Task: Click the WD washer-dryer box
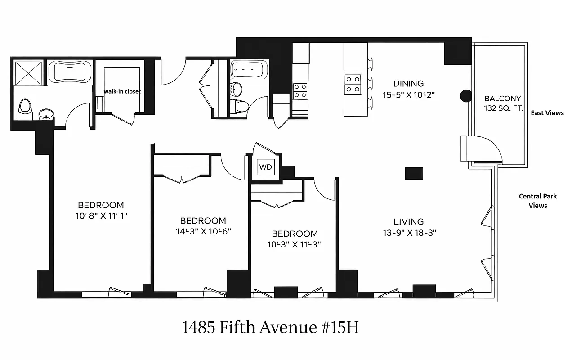pyautogui.click(x=266, y=167)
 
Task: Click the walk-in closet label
pyautogui.click(x=122, y=91)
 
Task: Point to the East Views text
pyautogui.click(x=547, y=113)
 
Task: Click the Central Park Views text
pyautogui.click(x=538, y=201)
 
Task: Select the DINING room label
pyautogui.click(x=408, y=84)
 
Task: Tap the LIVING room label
pyautogui.click(x=408, y=221)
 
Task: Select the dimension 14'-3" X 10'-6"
pyautogui.click(x=203, y=232)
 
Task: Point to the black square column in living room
pyautogui.click(x=414, y=173)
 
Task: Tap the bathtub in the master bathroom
pyautogui.click(x=70, y=72)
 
